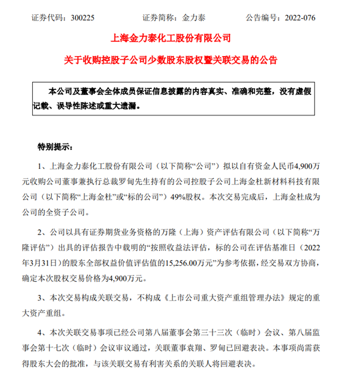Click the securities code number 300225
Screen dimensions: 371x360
[x=84, y=18]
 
